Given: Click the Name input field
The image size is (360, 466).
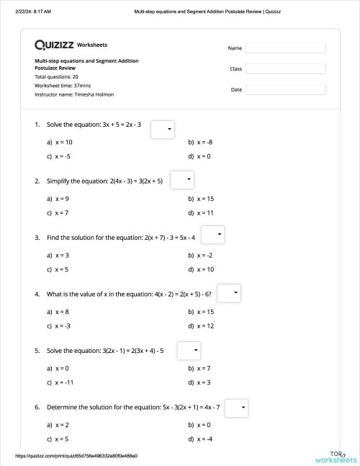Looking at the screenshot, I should [285, 48].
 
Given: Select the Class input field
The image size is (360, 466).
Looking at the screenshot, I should [285, 69].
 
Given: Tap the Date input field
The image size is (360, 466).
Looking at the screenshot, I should [285, 90].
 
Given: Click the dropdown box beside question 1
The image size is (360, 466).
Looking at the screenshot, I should [163, 129].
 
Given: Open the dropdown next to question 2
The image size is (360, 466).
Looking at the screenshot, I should [182, 179].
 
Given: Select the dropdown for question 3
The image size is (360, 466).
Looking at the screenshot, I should [213, 236].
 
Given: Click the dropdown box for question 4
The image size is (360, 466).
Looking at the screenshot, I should [228, 293].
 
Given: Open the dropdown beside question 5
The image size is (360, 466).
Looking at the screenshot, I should [188, 350].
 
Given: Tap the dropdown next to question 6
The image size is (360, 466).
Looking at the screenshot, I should [237, 408].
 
